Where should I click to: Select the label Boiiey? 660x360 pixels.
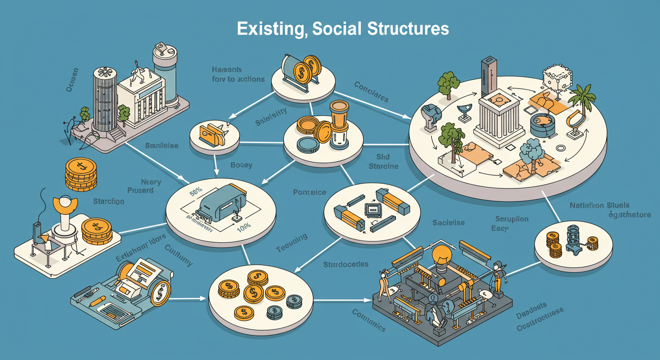point(241,165)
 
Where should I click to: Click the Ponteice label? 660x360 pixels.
point(303,192)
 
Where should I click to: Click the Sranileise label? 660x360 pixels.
point(161,146)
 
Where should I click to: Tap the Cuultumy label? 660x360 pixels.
point(179,255)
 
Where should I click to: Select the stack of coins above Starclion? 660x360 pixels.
point(81,174)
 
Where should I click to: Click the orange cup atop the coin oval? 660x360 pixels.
point(338,114)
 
